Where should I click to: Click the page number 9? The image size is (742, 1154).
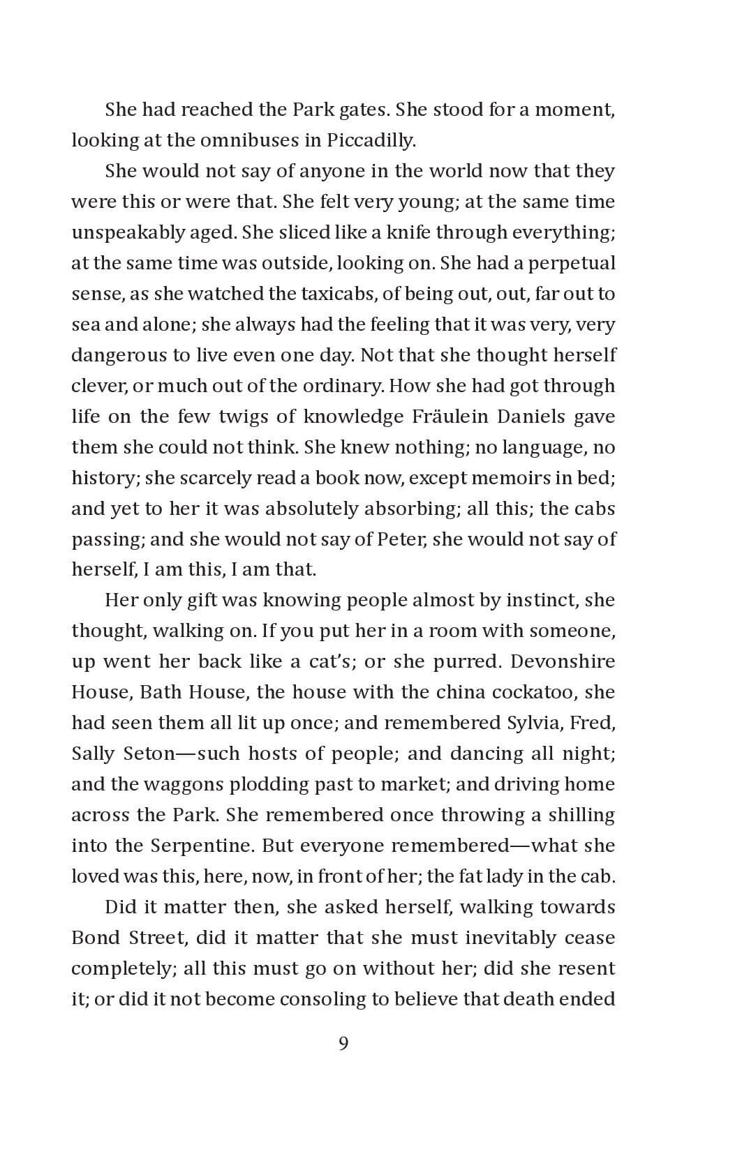click(343, 1044)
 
